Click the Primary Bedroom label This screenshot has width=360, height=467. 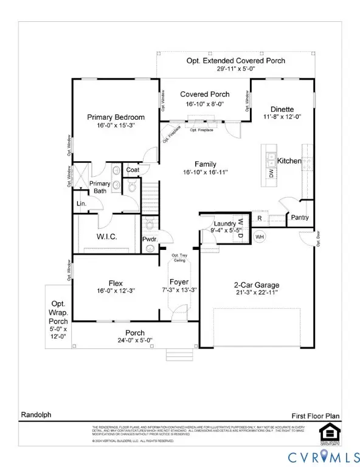tap(116, 117)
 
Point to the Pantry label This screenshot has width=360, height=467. tap(300, 218)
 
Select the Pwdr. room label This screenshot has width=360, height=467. tap(150, 240)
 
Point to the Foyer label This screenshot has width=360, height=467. tap(179, 282)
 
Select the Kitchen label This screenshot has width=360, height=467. tap(289, 161)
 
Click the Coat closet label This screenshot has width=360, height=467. tap(133, 170)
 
